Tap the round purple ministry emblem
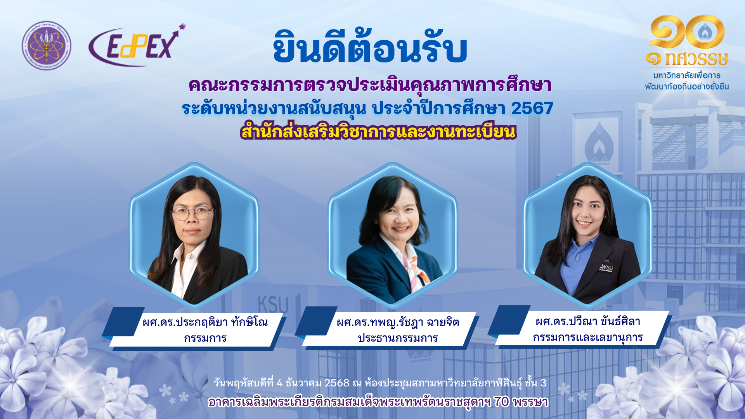click(47, 45)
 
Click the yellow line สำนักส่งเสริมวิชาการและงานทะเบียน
click(378, 131)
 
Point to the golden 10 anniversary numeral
click(687, 32)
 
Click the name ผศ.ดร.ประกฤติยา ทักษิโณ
click(205, 322)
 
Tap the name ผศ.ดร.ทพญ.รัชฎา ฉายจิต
click(398, 322)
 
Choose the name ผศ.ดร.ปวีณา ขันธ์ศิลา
click(588, 321)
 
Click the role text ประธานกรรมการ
click(398, 338)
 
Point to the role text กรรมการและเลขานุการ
click(588, 337)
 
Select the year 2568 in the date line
click(337, 383)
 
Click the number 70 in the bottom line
click(501, 402)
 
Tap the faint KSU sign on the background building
click(273, 304)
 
